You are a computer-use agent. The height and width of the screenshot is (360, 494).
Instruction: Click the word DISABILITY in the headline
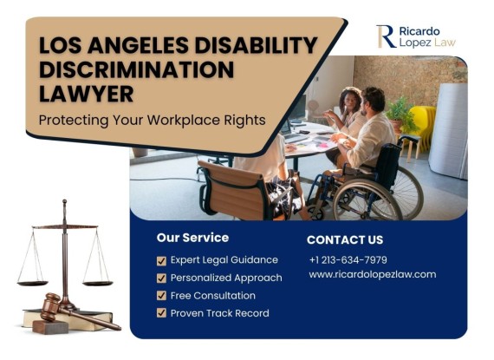256,45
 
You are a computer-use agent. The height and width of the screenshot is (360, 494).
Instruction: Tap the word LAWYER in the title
87,94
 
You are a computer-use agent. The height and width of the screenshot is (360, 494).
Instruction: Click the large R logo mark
386,36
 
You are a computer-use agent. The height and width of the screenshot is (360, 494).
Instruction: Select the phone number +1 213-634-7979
348,260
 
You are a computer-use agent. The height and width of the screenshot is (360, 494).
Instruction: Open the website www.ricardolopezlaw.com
373,274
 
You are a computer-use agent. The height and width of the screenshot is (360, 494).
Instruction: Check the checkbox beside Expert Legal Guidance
161,261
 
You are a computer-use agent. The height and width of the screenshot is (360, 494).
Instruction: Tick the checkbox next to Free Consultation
161,296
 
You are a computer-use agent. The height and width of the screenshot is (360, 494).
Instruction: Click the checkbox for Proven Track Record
161,313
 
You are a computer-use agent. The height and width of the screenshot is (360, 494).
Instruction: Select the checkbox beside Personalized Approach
161,278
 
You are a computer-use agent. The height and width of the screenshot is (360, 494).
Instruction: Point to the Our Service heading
192,238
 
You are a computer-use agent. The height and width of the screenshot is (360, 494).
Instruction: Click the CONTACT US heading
345,240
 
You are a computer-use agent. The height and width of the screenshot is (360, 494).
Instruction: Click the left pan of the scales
32,283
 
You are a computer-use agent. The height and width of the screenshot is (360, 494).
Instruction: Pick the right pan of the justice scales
98,284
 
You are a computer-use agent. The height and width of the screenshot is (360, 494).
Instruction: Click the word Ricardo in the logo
419,31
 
